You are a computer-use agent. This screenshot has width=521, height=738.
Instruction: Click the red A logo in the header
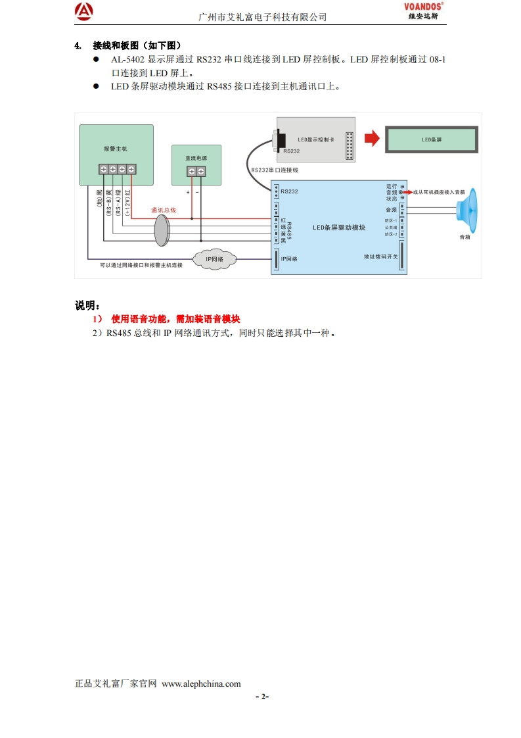click(84, 11)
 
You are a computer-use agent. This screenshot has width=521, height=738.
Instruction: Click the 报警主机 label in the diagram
click(116, 149)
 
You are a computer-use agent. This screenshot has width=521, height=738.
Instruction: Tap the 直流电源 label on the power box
click(196, 158)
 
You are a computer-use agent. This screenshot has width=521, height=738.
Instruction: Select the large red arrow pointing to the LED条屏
click(373, 139)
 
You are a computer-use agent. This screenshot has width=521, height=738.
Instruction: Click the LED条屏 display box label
click(431, 140)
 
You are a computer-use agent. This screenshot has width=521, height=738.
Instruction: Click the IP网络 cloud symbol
click(215, 259)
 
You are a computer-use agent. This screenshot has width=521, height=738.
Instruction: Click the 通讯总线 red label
click(164, 210)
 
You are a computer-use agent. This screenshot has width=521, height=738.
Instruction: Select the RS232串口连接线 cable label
click(275, 170)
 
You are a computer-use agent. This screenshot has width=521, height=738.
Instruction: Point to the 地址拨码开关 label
click(381, 257)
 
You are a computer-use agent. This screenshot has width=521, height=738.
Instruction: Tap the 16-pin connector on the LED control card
click(350, 146)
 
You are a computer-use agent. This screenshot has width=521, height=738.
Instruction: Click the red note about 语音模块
click(175, 319)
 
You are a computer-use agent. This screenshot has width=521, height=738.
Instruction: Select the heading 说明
click(87, 306)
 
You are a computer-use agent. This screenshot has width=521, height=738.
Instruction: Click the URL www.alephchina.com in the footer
click(201, 683)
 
